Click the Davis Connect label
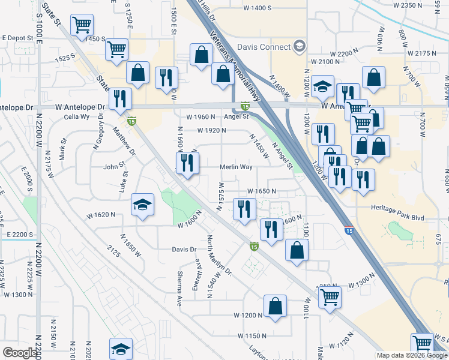[x=264, y=47]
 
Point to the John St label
[x=114, y=167]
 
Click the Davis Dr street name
[x=184, y=249]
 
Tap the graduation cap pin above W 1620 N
[x=143, y=205]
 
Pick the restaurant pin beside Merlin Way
[x=187, y=161]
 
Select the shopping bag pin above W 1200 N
[x=275, y=305]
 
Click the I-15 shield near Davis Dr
[x=254, y=246]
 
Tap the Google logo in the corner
[x=20, y=353]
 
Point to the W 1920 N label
[x=212, y=130]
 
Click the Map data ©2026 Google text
[x=411, y=356]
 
